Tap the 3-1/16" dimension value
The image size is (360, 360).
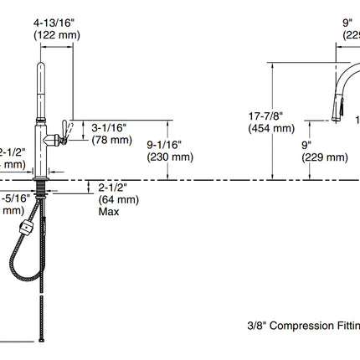(108, 126)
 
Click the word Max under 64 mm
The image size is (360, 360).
(107, 212)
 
